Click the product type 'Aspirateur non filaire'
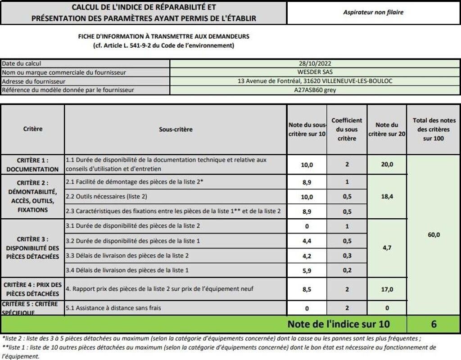(x=373, y=13)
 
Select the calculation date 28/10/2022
(x=315, y=64)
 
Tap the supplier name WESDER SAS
(x=315, y=72)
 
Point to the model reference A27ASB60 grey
(x=315, y=90)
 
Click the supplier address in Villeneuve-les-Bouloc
(x=315, y=81)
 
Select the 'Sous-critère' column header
(x=176, y=130)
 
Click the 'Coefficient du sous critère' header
(x=347, y=130)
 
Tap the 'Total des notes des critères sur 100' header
(x=433, y=130)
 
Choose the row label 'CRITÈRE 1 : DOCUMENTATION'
(x=32, y=165)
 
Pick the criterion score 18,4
(x=387, y=196)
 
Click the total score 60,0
(x=433, y=234)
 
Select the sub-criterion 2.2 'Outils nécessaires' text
(x=107, y=196)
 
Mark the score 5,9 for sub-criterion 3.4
(x=307, y=270)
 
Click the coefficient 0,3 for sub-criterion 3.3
(x=347, y=256)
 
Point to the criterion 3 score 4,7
(x=387, y=248)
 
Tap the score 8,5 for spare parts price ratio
(x=307, y=289)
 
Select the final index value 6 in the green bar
(x=433, y=324)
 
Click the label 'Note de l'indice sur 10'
(x=339, y=324)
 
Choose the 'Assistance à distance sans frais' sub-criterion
(x=113, y=308)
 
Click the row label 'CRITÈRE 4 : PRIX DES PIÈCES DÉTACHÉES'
(x=32, y=289)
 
